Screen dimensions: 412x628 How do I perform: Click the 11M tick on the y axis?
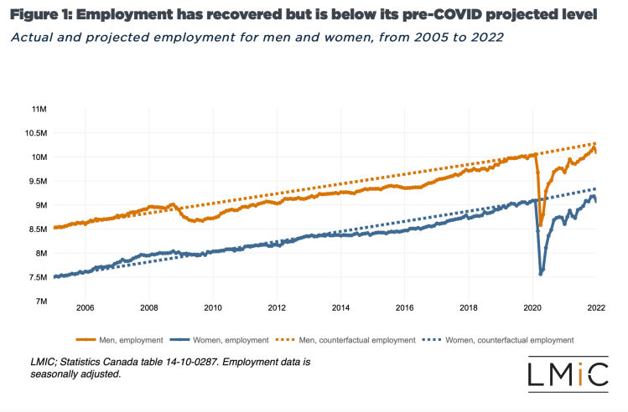[x=39, y=110]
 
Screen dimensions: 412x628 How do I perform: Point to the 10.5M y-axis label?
[x=35, y=133]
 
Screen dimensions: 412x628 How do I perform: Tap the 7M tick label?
[x=39, y=301]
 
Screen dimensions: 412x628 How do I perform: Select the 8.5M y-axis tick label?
[x=37, y=229]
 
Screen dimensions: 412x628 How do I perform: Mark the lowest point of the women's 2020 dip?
[x=541, y=274]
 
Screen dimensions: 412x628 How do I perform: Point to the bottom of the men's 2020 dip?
[x=541, y=225]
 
